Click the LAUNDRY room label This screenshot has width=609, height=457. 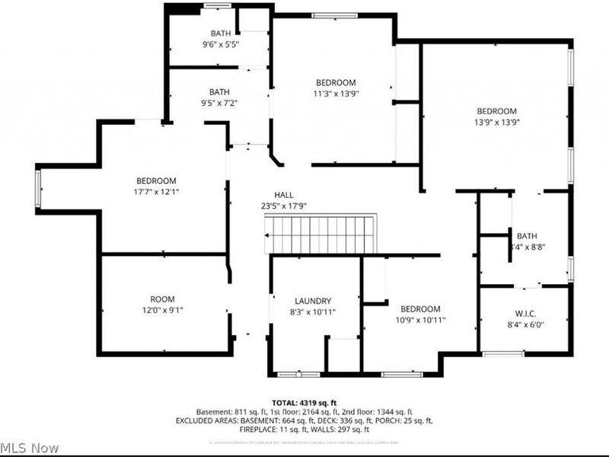pyautogui.click(x=313, y=301)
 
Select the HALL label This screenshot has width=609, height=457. pyautogui.click(x=284, y=195)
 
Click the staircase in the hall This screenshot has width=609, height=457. pyautogui.click(x=320, y=235)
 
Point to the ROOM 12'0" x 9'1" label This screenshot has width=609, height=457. pyautogui.click(x=161, y=299)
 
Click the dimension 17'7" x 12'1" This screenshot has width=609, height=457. pyautogui.click(x=156, y=191)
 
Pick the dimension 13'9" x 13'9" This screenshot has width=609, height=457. pyautogui.click(x=496, y=121)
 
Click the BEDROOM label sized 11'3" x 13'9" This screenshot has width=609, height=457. pyautogui.click(x=336, y=82)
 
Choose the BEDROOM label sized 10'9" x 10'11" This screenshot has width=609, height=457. pyautogui.click(x=420, y=308)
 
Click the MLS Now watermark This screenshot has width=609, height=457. pyautogui.click(x=29, y=447)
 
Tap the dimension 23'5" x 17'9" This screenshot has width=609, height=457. pyautogui.click(x=284, y=206)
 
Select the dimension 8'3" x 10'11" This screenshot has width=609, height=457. pyautogui.click(x=313, y=312)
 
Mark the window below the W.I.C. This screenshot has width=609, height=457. pyautogui.click(x=503, y=353)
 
